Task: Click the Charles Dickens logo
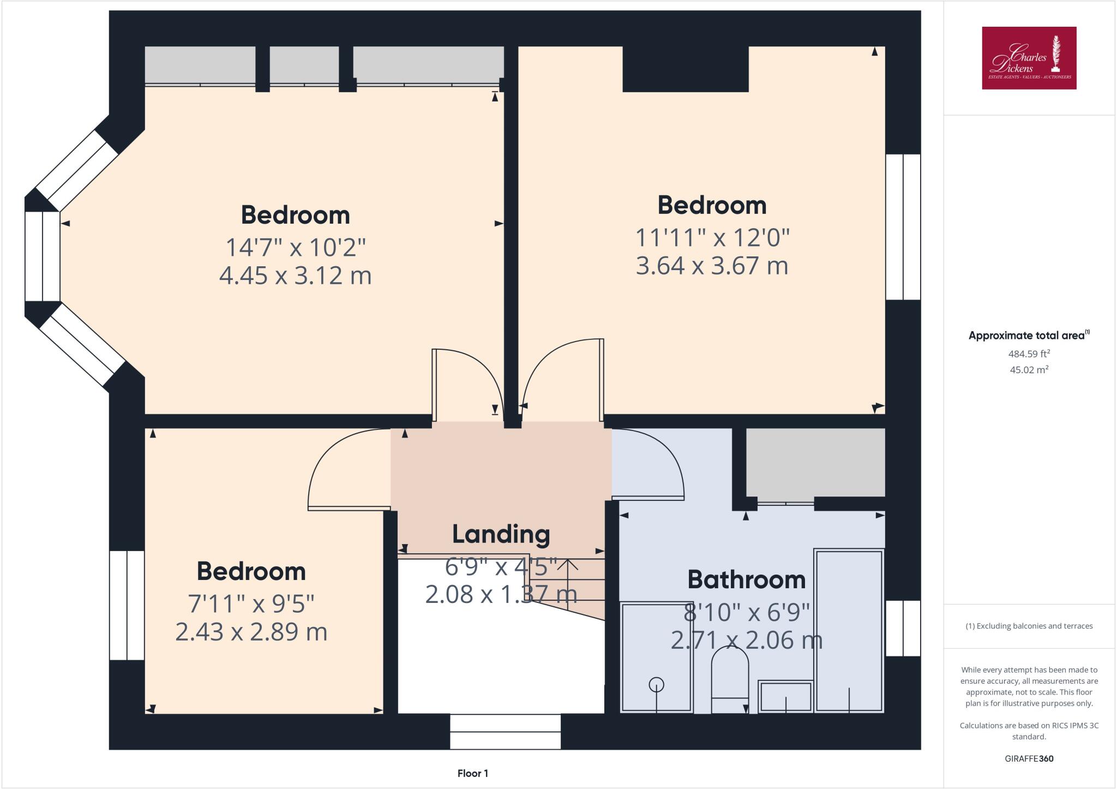[x=1029, y=58]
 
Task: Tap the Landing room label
[x=501, y=534]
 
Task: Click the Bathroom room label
[x=746, y=579]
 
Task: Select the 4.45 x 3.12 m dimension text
[x=295, y=276]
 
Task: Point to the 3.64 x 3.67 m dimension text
[x=712, y=266]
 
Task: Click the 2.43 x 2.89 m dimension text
[x=251, y=632]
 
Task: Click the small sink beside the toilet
[x=785, y=697]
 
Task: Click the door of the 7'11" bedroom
[x=349, y=508]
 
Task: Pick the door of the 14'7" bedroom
[x=435, y=385]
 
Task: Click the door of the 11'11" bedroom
[x=602, y=379]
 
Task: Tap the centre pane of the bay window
[x=43, y=256]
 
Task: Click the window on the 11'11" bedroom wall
[x=903, y=227]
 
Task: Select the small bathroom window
[x=903, y=628]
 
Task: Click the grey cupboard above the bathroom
[x=815, y=462]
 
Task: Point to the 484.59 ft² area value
[x=1029, y=354]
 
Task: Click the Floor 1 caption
[x=472, y=773]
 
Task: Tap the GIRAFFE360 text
[x=1029, y=758]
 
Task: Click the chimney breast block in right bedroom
[x=685, y=69]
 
